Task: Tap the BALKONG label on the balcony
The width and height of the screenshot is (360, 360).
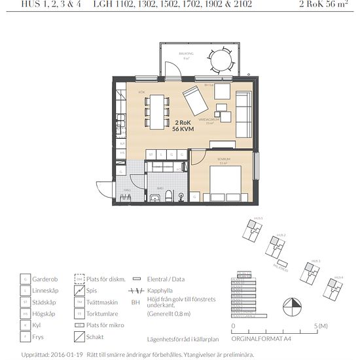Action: (x=187, y=54)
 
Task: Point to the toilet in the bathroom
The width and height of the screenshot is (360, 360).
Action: (x=169, y=194)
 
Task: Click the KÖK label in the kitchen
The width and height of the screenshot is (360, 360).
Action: (x=141, y=93)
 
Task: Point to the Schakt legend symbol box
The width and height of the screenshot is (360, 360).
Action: (x=79, y=336)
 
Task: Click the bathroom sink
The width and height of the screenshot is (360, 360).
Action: (x=154, y=197)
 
